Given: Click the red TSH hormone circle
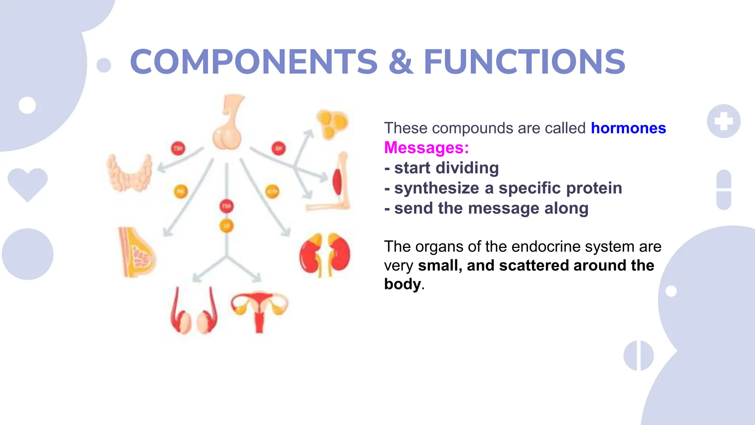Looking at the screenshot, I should (178, 148).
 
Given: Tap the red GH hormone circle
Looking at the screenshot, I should (279, 148).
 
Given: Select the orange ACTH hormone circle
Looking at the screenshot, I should (272, 191).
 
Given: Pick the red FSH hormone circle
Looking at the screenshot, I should (226, 206).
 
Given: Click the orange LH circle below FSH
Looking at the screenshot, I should (226, 226).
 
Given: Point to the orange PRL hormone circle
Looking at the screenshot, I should (181, 191).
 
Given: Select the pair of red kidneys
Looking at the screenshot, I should (324, 255).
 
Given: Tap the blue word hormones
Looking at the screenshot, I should (628, 128).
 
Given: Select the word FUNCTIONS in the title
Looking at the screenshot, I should (524, 62).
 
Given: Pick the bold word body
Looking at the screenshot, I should (402, 284).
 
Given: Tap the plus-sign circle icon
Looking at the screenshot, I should (723, 121).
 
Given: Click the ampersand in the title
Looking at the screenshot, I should (400, 62).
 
